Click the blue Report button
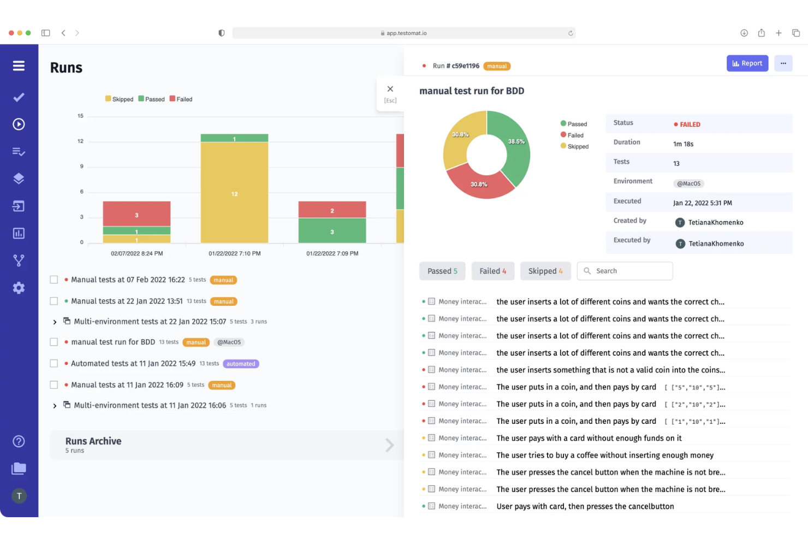coord(747,63)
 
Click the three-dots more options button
coord(783,63)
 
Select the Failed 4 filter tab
coord(492,271)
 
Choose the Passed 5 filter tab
coord(442,271)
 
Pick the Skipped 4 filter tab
coord(545,271)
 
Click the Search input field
coord(631,271)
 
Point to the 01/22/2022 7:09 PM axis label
coord(332,253)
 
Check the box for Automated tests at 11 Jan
coord(54,364)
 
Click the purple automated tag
coord(241,364)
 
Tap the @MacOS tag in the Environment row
coord(688,183)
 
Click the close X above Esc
coord(390,89)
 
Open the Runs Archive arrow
coord(389,445)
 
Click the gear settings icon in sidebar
coord(19,288)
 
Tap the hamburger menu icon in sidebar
coord(19,66)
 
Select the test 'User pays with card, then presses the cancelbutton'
coord(585,506)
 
